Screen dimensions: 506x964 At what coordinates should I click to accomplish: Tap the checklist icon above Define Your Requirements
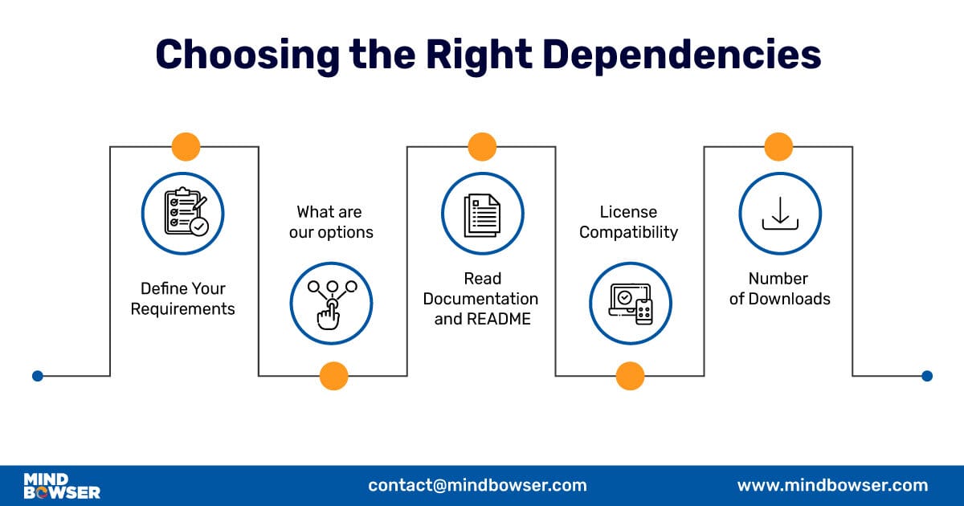coord(183,214)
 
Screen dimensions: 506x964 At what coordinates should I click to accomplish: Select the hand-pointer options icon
coord(331,303)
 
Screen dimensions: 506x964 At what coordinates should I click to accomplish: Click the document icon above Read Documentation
coord(482,214)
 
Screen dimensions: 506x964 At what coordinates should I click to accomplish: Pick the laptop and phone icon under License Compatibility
coord(631,303)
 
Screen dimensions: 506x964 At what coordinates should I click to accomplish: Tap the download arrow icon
coord(779,214)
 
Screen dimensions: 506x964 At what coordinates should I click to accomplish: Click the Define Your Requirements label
coord(183,298)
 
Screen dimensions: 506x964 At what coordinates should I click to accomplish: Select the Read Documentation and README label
coord(481,298)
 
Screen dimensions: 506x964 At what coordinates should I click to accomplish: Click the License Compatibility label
coord(629,222)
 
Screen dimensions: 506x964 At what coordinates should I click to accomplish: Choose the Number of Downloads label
coord(778,288)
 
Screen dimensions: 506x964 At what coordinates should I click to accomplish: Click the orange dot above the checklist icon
coord(186,147)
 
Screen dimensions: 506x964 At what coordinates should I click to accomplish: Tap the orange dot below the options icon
coord(333,375)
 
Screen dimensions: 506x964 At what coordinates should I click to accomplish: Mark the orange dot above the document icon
coord(482,147)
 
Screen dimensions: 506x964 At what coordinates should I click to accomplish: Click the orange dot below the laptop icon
coord(630,375)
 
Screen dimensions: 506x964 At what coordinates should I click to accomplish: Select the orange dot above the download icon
coord(778,147)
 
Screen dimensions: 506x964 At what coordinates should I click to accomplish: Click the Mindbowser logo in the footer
coord(62,486)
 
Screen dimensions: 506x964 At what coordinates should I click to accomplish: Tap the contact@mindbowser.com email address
coord(477,485)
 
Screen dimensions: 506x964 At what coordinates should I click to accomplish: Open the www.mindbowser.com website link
coord(832,485)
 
